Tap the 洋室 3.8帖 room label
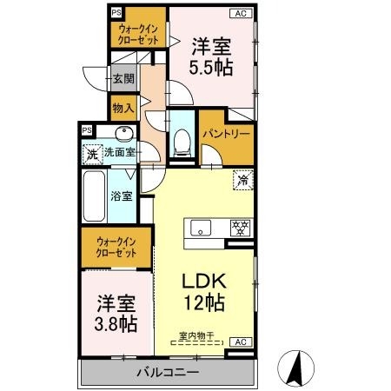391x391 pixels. pos(116,314)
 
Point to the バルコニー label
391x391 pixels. pos(168,373)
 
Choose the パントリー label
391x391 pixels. pos(227,136)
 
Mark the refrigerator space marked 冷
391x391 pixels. pos(243,181)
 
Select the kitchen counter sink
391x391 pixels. pos(200,229)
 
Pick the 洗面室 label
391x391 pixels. pos(119,152)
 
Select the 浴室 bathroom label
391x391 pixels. pos(121,195)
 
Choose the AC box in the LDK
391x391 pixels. pos(243,342)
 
